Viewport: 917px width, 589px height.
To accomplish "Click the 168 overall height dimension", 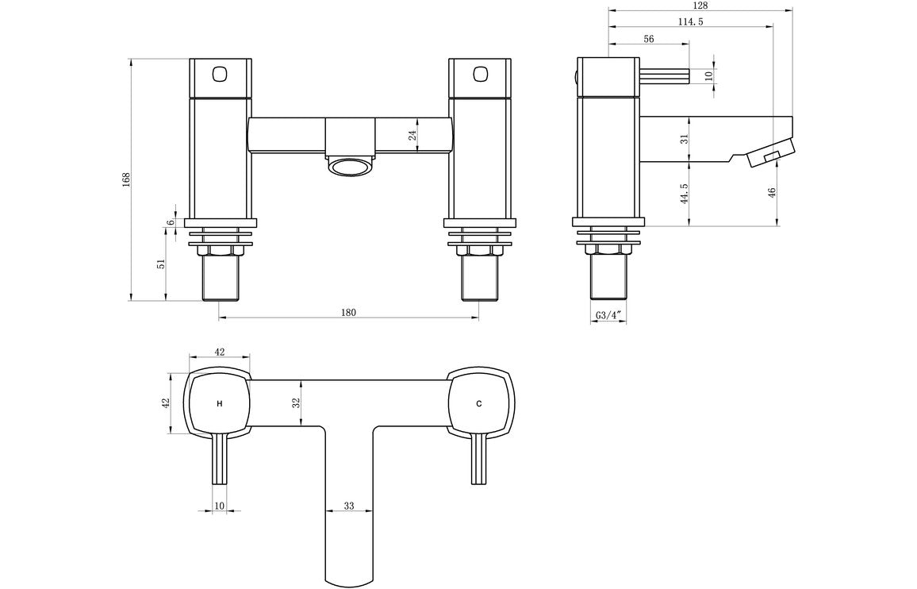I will click(x=125, y=179).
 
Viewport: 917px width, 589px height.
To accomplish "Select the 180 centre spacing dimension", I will click(x=348, y=312).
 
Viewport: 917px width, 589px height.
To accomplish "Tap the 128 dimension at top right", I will click(x=700, y=6).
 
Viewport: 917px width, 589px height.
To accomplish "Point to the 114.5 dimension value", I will click(x=692, y=21).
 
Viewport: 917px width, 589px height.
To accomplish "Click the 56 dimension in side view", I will click(x=649, y=39).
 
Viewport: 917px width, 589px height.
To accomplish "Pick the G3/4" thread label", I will click(x=608, y=316).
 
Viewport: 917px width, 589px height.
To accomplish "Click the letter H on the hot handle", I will click(x=219, y=404).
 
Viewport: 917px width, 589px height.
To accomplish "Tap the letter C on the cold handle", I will click(x=478, y=404).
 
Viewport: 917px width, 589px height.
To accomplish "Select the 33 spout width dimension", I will click(x=348, y=506).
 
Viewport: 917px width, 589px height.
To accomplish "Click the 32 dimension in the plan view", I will click(x=296, y=403).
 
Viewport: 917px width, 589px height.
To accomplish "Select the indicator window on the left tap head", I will click(x=220, y=75).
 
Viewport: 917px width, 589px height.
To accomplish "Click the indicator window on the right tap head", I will click(x=479, y=75).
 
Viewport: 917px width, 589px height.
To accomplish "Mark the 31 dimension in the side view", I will click(x=684, y=139).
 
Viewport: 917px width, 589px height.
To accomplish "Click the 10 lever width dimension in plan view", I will click(x=220, y=506).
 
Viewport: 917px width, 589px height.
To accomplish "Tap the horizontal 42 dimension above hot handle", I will click(x=220, y=352).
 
